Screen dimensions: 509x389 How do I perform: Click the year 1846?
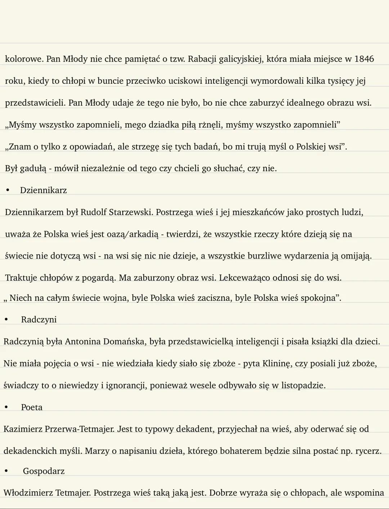tap(364, 59)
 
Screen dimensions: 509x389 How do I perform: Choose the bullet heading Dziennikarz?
tap(44, 190)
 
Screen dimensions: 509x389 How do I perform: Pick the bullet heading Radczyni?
tap(39, 320)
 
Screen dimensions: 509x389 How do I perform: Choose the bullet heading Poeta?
tap(32, 407)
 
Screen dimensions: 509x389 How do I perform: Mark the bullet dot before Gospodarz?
tap(6, 471)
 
